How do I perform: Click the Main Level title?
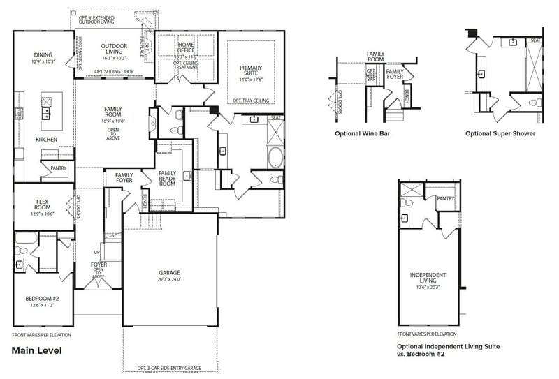click(x=36, y=350)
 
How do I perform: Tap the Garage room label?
click(x=169, y=273)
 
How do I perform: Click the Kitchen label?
click(x=46, y=140)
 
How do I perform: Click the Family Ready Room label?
click(x=168, y=179)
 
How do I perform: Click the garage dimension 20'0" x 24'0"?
click(x=169, y=280)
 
